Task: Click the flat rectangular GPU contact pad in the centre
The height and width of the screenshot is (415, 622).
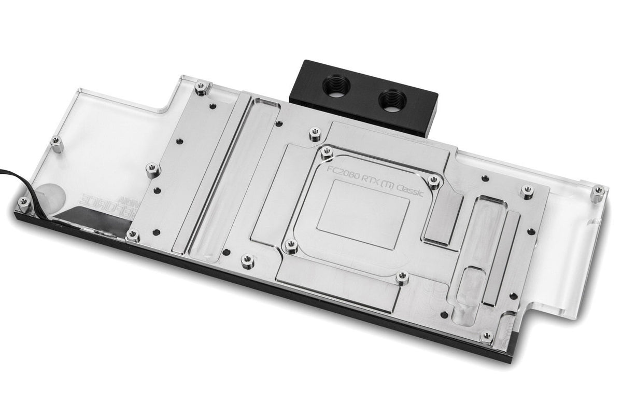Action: pyautogui.click(x=363, y=217)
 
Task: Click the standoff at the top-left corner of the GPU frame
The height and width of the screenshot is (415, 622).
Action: pyautogui.click(x=326, y=152)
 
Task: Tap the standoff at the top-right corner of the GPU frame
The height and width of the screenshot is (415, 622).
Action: pyautogui.click(x=434, y=180)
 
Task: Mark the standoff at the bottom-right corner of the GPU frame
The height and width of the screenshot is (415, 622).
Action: pyautogui.click(x=402, y=277)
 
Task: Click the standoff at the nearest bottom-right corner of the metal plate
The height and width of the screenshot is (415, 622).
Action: pyautogui.click(x=486, y=336)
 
